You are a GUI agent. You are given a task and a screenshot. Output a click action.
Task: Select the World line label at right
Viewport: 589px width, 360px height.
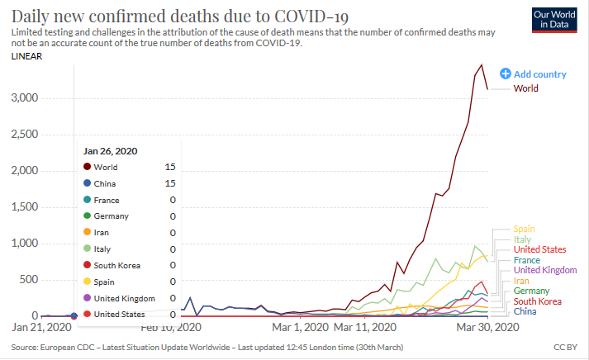[527, 88]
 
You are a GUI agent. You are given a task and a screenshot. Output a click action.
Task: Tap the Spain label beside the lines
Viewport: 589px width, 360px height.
[524, 229]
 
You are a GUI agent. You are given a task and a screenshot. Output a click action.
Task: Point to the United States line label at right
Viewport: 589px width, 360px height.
[539, 249]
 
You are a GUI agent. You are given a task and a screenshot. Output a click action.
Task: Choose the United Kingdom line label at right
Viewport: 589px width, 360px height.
[544, 270]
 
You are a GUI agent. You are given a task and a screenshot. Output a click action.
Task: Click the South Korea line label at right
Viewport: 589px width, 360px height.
[537, 301]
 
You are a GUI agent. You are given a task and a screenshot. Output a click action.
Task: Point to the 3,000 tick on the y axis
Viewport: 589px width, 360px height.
[24, 97]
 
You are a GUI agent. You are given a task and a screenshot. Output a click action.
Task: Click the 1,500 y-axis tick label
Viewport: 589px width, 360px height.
[24, 206]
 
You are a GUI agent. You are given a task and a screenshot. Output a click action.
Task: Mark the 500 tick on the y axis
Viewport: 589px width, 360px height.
[28, 279]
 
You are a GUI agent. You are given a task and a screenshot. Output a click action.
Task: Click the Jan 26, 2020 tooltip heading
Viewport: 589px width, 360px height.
[110, 151]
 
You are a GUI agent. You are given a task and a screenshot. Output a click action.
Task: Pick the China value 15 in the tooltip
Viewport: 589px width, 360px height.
[170, 183]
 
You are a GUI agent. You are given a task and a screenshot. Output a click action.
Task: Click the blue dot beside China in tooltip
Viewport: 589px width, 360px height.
[87, 183]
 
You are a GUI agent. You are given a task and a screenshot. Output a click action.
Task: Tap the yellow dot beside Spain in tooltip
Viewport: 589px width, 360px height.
[87, 282]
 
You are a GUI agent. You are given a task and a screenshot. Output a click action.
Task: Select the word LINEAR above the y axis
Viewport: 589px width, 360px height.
[27, 57]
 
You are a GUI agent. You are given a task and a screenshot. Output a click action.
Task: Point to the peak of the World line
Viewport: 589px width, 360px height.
[482, 64]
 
